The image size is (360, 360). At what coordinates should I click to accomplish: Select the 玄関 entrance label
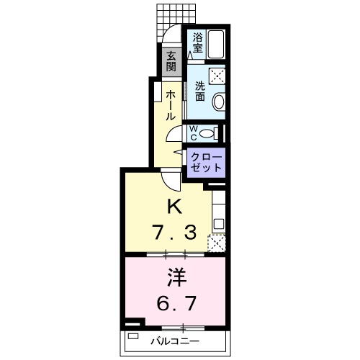point(171,63)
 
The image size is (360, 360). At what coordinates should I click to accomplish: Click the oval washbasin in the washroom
point(220,102)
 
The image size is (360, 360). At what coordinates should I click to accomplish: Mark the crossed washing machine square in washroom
point(219,76)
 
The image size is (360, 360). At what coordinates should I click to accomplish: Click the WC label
point(192,132)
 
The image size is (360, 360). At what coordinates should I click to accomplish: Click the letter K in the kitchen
point(174,207)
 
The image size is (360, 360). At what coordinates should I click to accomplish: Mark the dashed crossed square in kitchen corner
point(217,243)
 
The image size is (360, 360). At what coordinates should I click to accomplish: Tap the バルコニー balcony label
point(174,340)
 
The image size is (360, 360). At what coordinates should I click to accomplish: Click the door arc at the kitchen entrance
point(167,180)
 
